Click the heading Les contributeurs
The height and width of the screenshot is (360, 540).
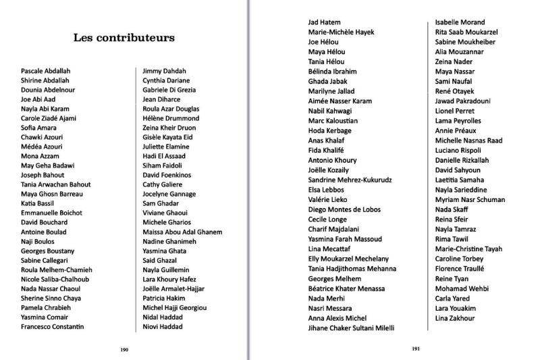124,38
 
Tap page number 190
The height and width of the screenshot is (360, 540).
124,349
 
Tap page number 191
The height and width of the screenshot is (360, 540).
416,349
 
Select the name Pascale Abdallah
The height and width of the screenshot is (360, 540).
45,70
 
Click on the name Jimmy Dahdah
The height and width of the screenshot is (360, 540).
164,70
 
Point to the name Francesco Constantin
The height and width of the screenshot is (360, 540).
53,327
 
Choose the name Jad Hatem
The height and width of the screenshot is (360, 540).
324,22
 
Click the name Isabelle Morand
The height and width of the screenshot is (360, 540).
460,22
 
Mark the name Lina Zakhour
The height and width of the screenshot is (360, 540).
456,317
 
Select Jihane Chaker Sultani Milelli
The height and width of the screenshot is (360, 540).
351,328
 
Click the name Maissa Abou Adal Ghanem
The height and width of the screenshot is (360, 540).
182,232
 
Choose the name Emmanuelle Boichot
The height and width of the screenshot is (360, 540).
51,213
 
